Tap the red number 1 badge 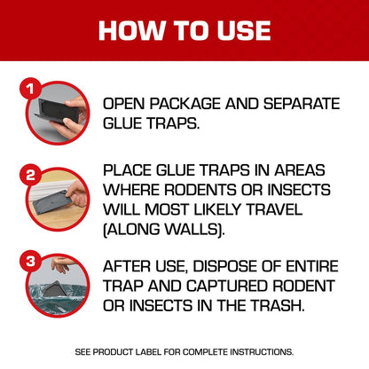coord(28,90)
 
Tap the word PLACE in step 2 coord(129,169)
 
